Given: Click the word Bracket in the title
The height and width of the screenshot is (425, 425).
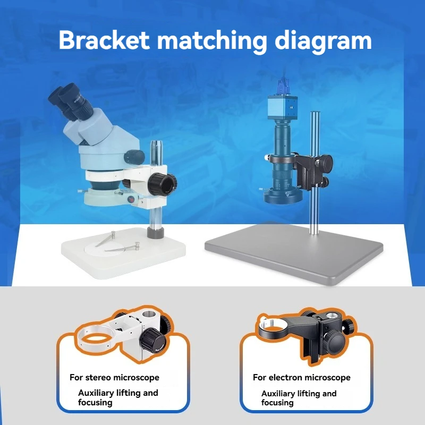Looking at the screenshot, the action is click(104, 40).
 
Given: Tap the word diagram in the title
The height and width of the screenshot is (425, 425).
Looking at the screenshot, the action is click(323, 41).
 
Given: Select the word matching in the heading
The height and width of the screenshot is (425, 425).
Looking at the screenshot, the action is click(212, 41).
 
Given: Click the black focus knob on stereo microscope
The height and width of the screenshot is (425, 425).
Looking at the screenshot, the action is click(163, 183).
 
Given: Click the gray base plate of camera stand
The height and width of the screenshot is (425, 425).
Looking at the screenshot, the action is click(294, 253).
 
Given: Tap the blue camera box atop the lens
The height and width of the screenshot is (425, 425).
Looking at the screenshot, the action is click(283, 107).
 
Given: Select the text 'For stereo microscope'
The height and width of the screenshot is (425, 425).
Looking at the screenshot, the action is click(114, 378).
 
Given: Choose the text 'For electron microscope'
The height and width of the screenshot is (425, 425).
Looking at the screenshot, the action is click(302, 378).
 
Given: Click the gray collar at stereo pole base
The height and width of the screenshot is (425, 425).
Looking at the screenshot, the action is click(156, 233).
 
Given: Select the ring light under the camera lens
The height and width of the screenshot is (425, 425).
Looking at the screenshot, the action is click(283, 196).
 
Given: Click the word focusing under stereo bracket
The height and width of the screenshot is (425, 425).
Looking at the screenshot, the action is click(95, 403).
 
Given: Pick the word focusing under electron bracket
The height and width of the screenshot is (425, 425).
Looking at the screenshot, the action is click(277, 403).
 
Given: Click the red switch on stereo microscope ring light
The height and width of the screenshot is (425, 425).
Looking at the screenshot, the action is click(131, 199).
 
